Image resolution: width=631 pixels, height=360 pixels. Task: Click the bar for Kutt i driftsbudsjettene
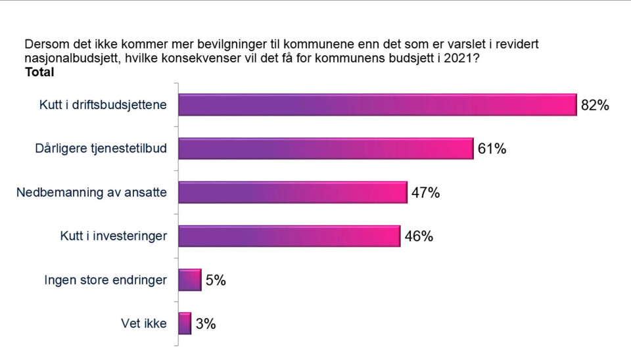[x=377, y=105]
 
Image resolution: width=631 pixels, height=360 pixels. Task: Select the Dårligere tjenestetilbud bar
[x=325, y=148]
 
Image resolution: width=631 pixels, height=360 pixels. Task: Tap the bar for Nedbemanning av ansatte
[x=292, y=192]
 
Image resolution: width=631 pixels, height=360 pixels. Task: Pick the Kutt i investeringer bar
[x=289, y=236]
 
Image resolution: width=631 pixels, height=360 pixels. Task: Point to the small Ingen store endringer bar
[x=189, y=280]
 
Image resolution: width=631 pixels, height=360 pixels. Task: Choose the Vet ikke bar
[x=185, y=323]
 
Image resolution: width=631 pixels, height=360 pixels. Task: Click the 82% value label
[x=595, y=105]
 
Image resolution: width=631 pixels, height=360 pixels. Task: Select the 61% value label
[x=492, y=149]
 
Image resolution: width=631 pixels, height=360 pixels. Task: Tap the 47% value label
[x=425, y=192]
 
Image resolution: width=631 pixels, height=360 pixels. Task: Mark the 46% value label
[x=418, y=236]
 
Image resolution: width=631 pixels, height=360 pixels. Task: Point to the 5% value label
[x=216, y=281]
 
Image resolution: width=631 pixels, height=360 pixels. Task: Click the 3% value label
[x=206, y=324]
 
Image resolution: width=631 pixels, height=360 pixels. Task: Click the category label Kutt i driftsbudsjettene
[x=102, y=105]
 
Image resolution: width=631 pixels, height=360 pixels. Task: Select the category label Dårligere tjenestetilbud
[x=101, y=149]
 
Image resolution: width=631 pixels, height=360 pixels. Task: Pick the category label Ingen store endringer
[x=105, y=281]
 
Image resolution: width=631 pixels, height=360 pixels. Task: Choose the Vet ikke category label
[x=144, y=324]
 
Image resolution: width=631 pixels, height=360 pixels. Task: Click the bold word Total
[x=39, y=73]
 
